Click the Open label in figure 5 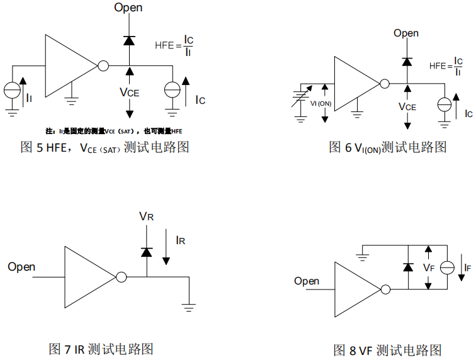[128, 8]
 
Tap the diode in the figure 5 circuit [129, 40]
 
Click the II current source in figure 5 [12, 90]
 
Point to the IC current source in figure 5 [172, 90]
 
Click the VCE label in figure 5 [129, 92]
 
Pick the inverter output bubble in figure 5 [103, 65]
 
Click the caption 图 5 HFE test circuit [105, 147]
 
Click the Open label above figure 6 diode [406, 33]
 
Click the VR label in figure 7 [146, 217]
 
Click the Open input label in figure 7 [21, 267]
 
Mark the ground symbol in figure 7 [188, 307]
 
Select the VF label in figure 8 [429, 267]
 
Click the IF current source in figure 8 [447, 267]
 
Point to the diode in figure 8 [408, 267]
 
